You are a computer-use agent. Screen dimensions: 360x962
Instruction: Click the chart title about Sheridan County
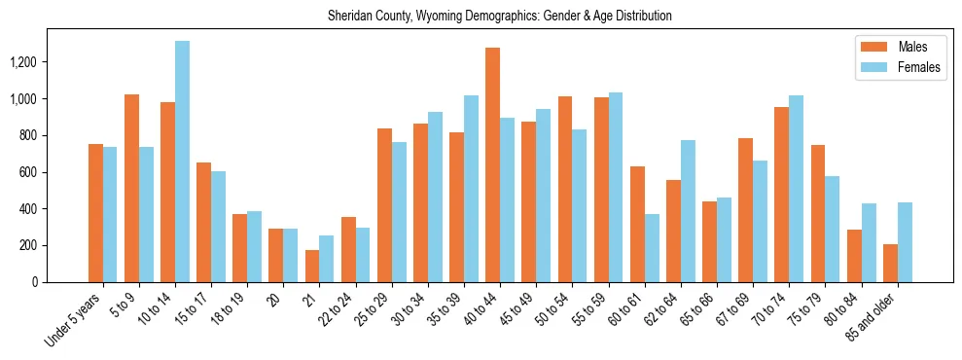click(499, 17)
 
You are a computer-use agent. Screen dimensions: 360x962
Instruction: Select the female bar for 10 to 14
click(182, 162)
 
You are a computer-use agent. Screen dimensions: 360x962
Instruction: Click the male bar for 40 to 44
click(493, 164)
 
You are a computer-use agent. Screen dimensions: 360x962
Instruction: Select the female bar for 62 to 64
click(688, 211)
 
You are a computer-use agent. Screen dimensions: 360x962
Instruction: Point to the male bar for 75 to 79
click(818, 213)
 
